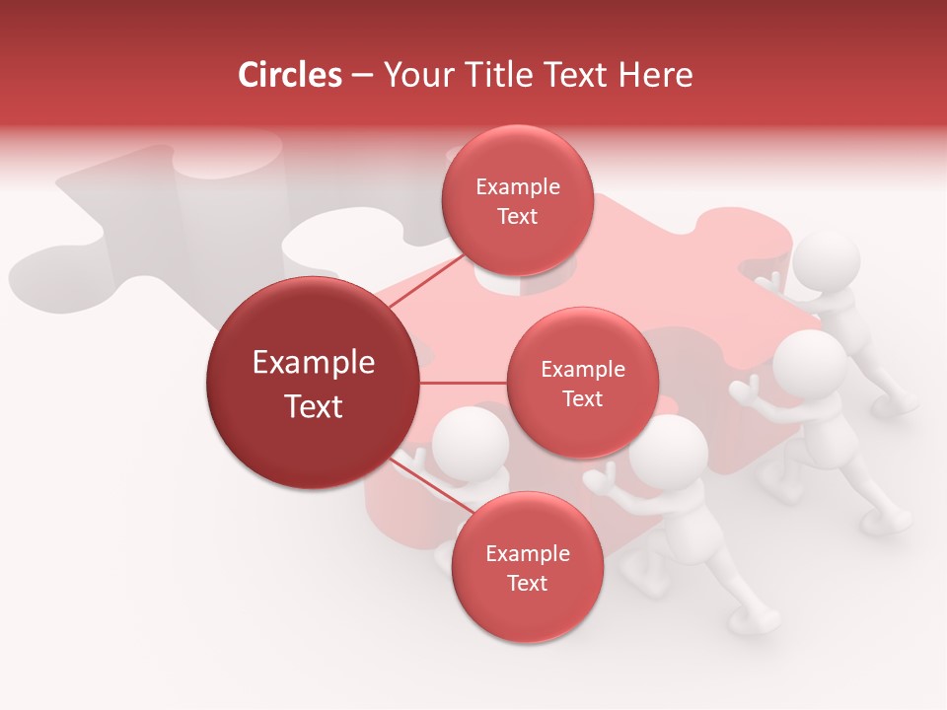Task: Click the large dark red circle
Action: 313,383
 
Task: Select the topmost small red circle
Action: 517,201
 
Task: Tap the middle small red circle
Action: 582,383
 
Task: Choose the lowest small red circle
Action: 527,568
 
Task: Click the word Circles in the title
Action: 290,75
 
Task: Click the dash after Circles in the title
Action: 362,75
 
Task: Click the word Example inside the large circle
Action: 314,363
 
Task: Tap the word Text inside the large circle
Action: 314,406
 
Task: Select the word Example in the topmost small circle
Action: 518,187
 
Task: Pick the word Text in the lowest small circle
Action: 527,583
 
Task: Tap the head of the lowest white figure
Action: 669,451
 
